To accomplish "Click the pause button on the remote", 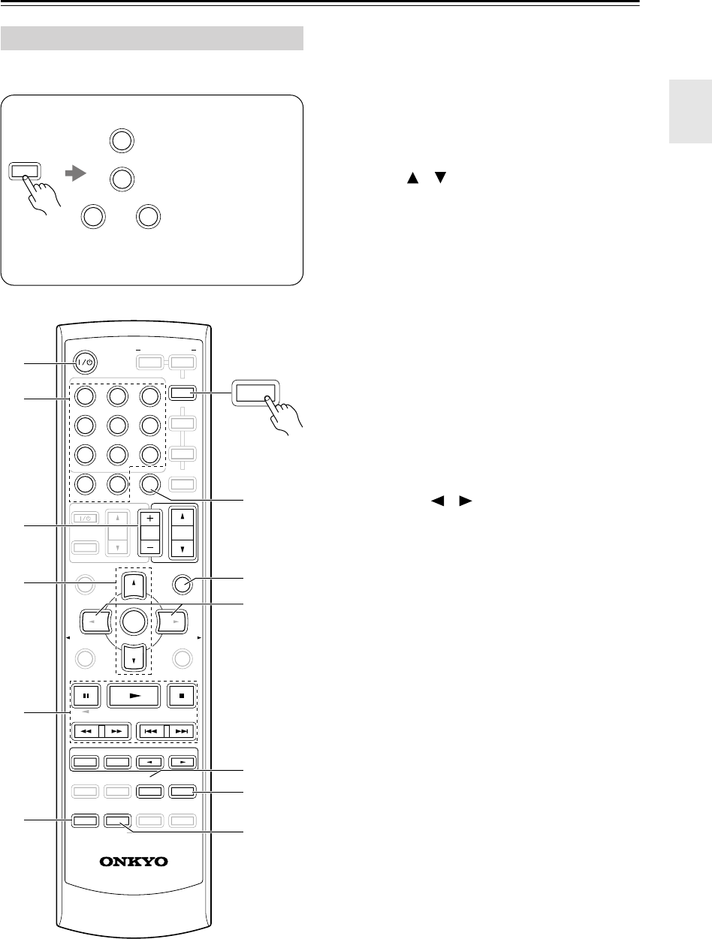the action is click(85, 694).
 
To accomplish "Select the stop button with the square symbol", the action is click(182, 694).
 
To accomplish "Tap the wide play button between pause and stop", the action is click(134, 694).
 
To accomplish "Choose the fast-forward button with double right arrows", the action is click(116, 730).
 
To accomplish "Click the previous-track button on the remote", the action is click(151, 730).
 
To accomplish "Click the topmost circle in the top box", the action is click(121, 140).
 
